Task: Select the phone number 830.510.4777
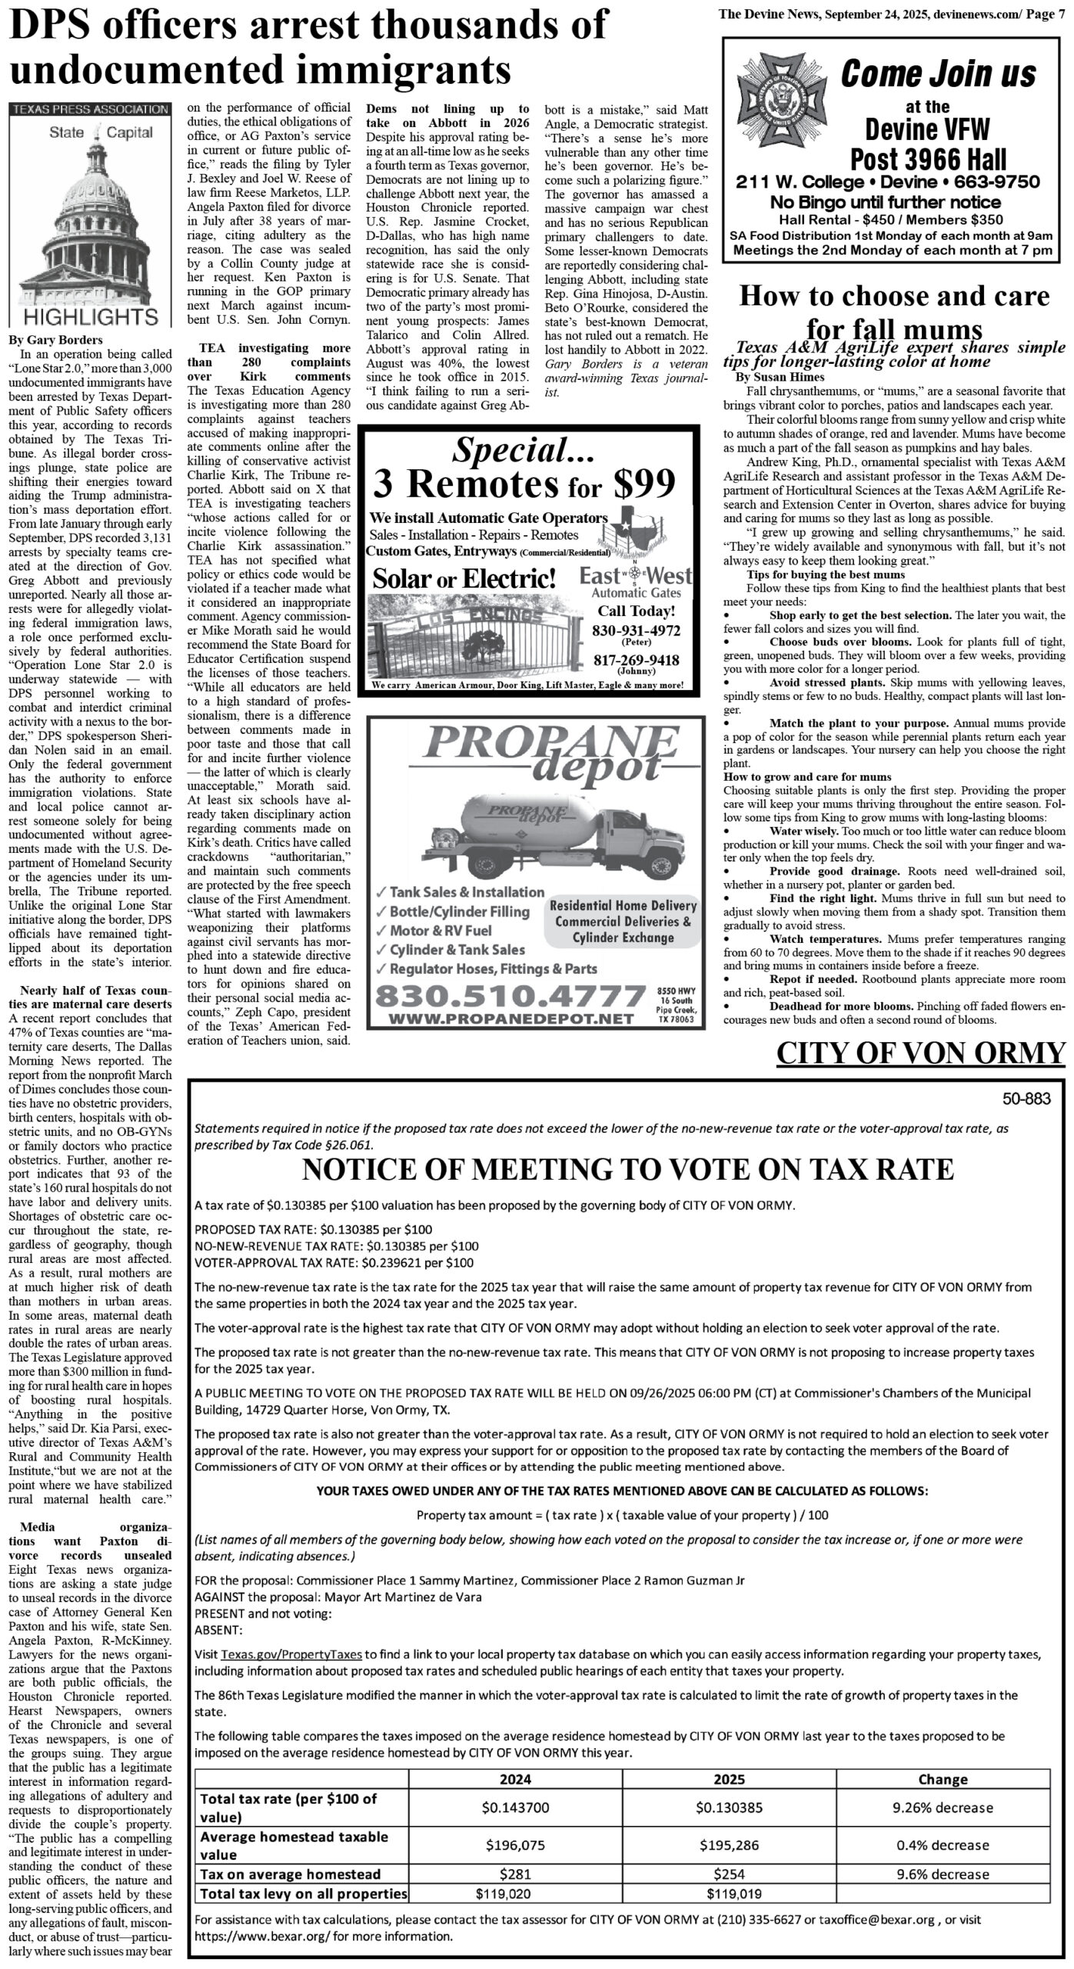click(509, 997)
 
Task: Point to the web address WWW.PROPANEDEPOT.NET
click(510, 1018)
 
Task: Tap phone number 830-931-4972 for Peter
click(636, 631)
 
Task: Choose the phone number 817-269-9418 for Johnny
click(636, 660)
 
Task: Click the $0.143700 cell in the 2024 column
click(515, 1807)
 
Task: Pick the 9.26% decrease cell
click(943, 1807)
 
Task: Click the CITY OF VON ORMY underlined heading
click(920, 1053)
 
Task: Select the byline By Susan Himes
click(780, 377)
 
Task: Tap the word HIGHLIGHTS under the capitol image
click(90, 316)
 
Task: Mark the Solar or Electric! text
click(464, 579)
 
